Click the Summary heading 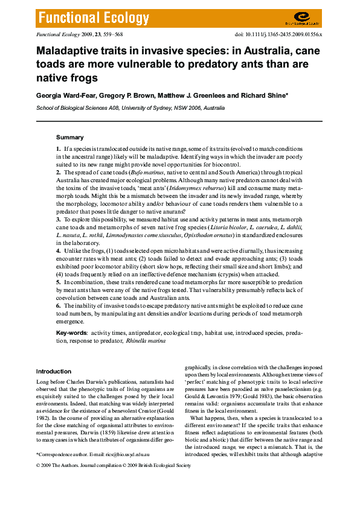69,138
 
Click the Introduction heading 53,372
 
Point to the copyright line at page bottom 113,466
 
